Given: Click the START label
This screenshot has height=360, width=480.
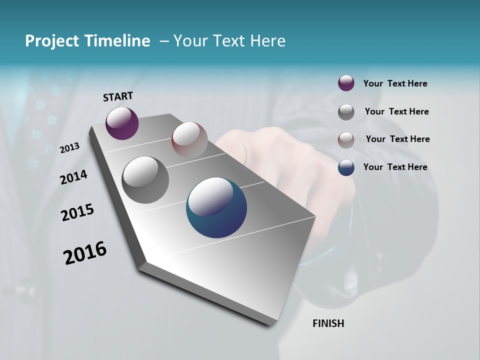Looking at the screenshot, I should (118, 96).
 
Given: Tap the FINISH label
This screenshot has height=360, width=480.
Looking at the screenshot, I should (328, 323).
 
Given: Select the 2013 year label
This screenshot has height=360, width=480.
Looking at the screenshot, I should (70, 147).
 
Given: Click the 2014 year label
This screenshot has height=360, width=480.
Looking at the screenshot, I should (73, 177).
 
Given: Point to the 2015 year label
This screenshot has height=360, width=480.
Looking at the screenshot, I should (77, 212).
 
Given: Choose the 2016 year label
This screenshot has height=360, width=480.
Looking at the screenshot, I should (85, 253).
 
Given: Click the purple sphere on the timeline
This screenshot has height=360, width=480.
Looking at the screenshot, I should (122, 123).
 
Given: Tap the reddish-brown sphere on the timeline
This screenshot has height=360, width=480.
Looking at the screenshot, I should (189, 139).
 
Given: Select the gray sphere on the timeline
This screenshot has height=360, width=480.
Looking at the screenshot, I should (145, 180).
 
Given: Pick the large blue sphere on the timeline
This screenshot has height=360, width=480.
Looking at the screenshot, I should (216, 207).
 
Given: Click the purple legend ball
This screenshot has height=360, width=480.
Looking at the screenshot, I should (346, 83).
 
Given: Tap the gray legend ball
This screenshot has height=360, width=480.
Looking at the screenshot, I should (346, 112).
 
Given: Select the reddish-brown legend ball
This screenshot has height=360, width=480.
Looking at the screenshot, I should (346, 140).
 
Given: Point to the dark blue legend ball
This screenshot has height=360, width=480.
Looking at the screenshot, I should (346, 167).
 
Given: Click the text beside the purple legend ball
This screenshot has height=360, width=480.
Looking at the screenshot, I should (395, 83).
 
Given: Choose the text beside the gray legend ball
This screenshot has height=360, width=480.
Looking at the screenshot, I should (396, 111).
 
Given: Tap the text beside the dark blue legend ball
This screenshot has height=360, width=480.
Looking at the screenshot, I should (395, 167).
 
